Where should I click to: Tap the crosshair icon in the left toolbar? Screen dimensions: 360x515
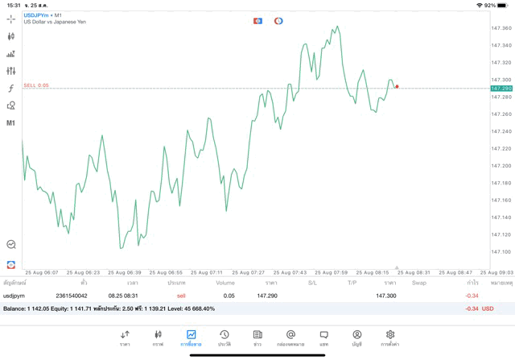point(11,19)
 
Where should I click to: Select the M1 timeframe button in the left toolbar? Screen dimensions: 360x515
point(11,123)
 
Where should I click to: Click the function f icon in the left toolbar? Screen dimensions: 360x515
point(11,88)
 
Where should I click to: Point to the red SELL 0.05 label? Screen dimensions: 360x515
point(36,85)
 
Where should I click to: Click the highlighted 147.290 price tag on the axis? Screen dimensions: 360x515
point(501,88)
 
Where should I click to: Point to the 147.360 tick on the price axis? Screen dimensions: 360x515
point(501,28)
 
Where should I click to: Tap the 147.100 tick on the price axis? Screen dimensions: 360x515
point(501,252)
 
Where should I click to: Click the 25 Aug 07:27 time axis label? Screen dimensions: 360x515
point(250,272)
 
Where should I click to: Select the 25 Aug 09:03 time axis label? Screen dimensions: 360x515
point(501,272)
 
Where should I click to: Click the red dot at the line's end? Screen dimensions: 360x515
point(397,86)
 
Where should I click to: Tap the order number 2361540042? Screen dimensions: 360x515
point(71,296)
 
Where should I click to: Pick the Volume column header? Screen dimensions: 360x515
point(225,283)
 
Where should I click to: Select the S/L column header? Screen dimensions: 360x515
point(312,283)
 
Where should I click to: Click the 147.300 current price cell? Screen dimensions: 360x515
point(385,296)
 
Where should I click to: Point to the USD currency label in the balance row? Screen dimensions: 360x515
point(487,308)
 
